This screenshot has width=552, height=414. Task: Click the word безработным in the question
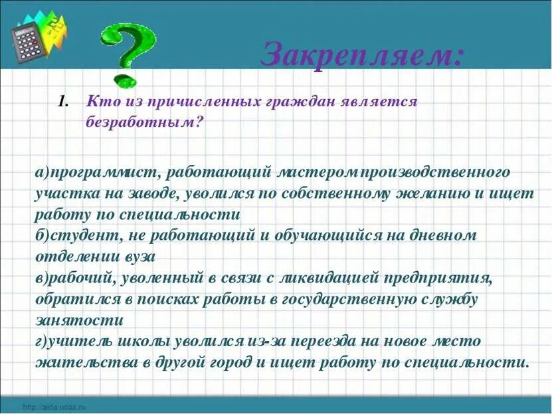coord(143,122)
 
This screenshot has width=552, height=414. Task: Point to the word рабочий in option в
coord(86,277)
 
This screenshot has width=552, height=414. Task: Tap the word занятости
coord(79,320)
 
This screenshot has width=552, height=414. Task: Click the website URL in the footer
coord(55,406)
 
